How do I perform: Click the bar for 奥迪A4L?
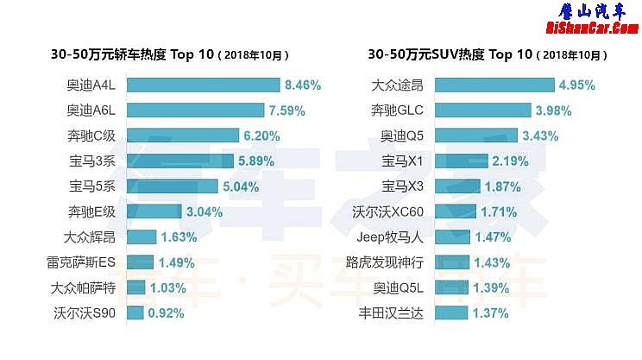(204, 85)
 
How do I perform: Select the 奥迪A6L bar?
(196, 110)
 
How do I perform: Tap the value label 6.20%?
(262, 136)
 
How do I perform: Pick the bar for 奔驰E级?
(154, 212)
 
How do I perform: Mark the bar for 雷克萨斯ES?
(141, 262)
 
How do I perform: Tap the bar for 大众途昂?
(494, 85)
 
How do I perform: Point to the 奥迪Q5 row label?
(401, 136)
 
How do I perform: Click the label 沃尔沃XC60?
(389, 212)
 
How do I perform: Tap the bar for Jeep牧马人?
(452, 237)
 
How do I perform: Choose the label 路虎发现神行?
(384, 262)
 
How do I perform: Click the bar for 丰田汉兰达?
(450, 313)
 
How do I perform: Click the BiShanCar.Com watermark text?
(592, 28)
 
